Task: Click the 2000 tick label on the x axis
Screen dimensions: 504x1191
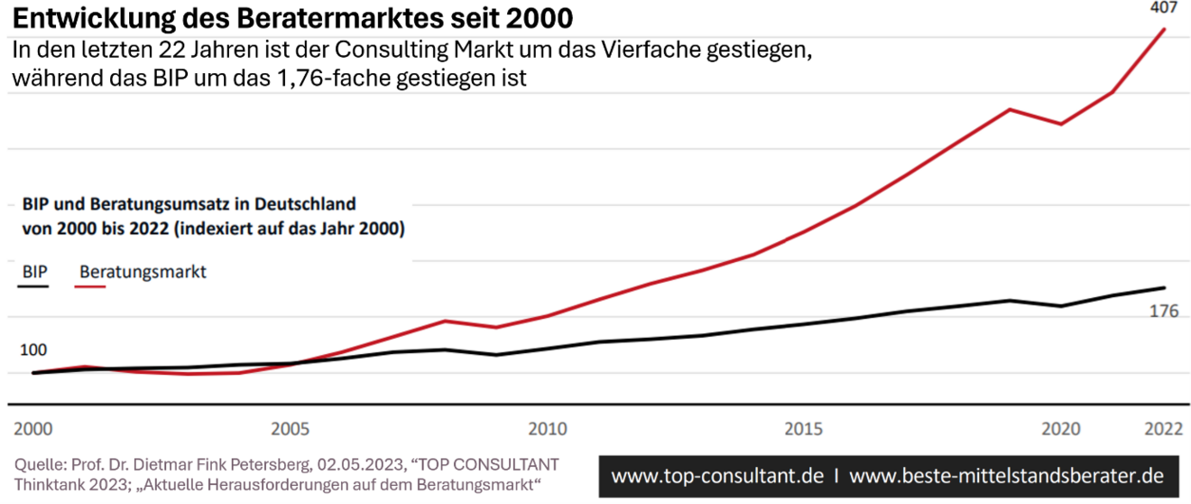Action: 32,427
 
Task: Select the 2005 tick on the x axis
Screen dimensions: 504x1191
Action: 291,427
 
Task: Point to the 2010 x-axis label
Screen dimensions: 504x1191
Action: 548,427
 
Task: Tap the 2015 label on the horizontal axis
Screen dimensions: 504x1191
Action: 805,427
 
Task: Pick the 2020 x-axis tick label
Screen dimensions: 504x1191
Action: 1061,427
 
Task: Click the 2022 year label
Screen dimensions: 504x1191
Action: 1163,427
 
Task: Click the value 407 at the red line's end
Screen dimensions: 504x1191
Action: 1163,8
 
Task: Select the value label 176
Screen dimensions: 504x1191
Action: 1164,312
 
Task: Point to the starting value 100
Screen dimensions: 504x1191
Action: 32,350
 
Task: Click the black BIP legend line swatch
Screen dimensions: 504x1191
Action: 33,286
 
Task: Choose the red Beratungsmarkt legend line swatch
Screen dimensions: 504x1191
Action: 93,286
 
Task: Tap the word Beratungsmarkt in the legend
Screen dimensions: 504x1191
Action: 143,271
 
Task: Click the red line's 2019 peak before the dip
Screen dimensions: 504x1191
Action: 1010,109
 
